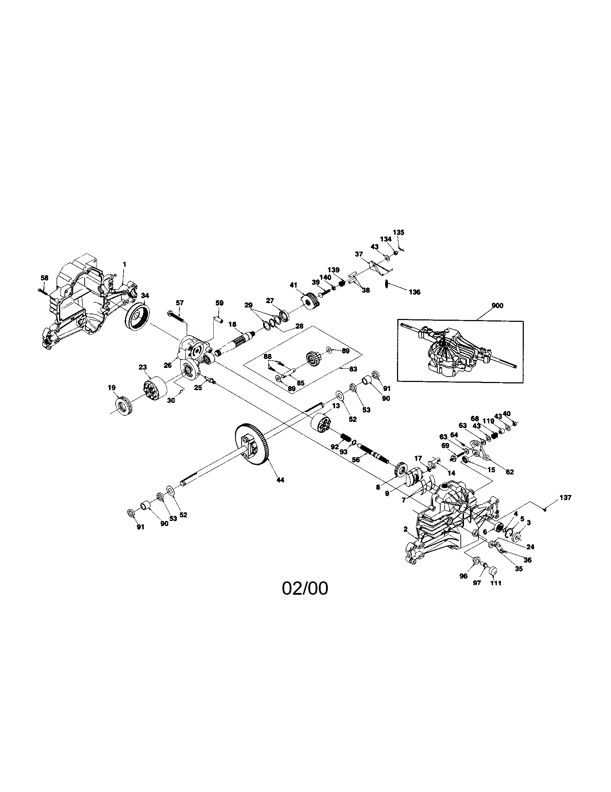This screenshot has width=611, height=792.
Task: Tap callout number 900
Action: [497, 306]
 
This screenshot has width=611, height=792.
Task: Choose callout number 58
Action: [44, 278]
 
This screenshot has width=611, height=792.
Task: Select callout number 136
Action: [414, 292]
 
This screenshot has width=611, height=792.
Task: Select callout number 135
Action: [398, 233]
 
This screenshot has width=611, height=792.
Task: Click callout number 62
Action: [510, 472]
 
